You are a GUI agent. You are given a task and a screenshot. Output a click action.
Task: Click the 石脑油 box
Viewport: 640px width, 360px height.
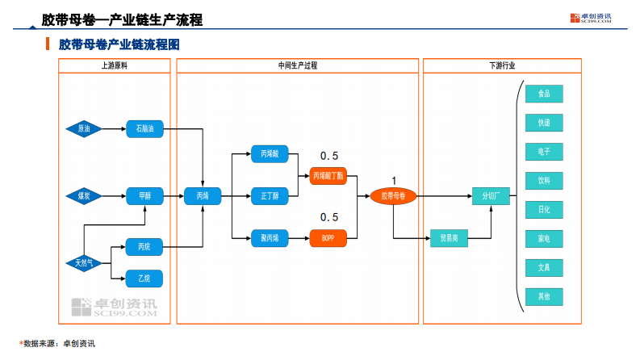click(144, 128)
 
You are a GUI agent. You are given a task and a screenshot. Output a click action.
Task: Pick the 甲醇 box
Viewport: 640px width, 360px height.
click(144, 195)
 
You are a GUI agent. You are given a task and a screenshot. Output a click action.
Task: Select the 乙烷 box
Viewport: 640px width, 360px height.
click(144, 278)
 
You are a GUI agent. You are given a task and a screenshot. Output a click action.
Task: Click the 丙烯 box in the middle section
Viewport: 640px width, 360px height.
click(203, 195)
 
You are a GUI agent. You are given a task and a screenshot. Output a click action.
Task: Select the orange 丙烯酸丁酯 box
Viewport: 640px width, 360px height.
click(328, 174)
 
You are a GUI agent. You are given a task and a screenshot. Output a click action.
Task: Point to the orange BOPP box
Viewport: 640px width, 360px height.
click(328, 237)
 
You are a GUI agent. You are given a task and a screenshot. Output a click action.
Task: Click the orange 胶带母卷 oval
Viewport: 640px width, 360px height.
click(393, 195)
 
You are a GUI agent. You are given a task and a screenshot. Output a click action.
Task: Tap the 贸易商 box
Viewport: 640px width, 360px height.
click(449, 238)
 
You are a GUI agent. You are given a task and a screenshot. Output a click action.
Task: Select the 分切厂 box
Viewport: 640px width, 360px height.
click(491, 195)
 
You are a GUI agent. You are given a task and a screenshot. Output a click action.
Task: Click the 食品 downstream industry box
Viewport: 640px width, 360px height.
click(544, 94)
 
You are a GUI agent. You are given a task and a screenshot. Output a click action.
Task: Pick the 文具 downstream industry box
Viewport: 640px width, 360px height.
click(544, 267)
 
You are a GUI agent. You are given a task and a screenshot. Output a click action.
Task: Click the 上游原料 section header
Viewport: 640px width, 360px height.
click(114, 65)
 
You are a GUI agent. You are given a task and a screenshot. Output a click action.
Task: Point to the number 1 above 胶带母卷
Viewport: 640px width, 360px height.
click(394, 180)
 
